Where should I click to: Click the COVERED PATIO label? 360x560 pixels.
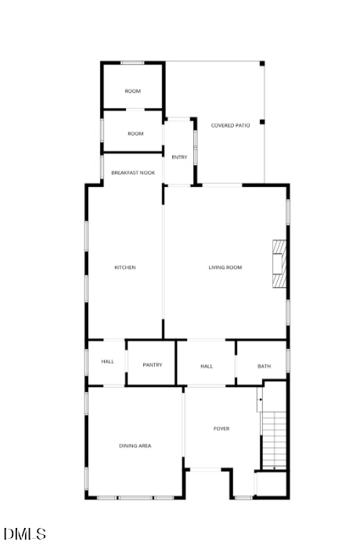[230, 125]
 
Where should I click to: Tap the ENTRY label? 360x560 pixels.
[179, 157]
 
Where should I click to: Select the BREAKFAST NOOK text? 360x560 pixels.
[132, 172]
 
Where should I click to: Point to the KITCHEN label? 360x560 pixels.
[125, 267]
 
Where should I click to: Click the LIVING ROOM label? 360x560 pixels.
[225, 267]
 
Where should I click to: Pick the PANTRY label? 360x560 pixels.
[153, 364]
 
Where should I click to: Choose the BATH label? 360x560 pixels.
[264, 366]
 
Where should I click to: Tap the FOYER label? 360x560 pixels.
[221, 429]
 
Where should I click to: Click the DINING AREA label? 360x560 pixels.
[135, 446]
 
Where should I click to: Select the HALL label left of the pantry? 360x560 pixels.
[107, 361]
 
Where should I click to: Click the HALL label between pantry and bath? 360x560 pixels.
[207, 366]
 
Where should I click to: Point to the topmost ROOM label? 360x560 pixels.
[133, 92]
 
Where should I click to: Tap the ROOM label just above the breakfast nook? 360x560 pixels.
[135, 134]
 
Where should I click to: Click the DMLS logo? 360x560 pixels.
[25, 535]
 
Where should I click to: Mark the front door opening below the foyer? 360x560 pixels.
[207, 469]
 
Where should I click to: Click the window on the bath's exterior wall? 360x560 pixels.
[288, 361]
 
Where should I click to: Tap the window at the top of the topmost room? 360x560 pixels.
[133, 63]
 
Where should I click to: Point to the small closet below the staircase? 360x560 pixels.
[271, 483]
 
